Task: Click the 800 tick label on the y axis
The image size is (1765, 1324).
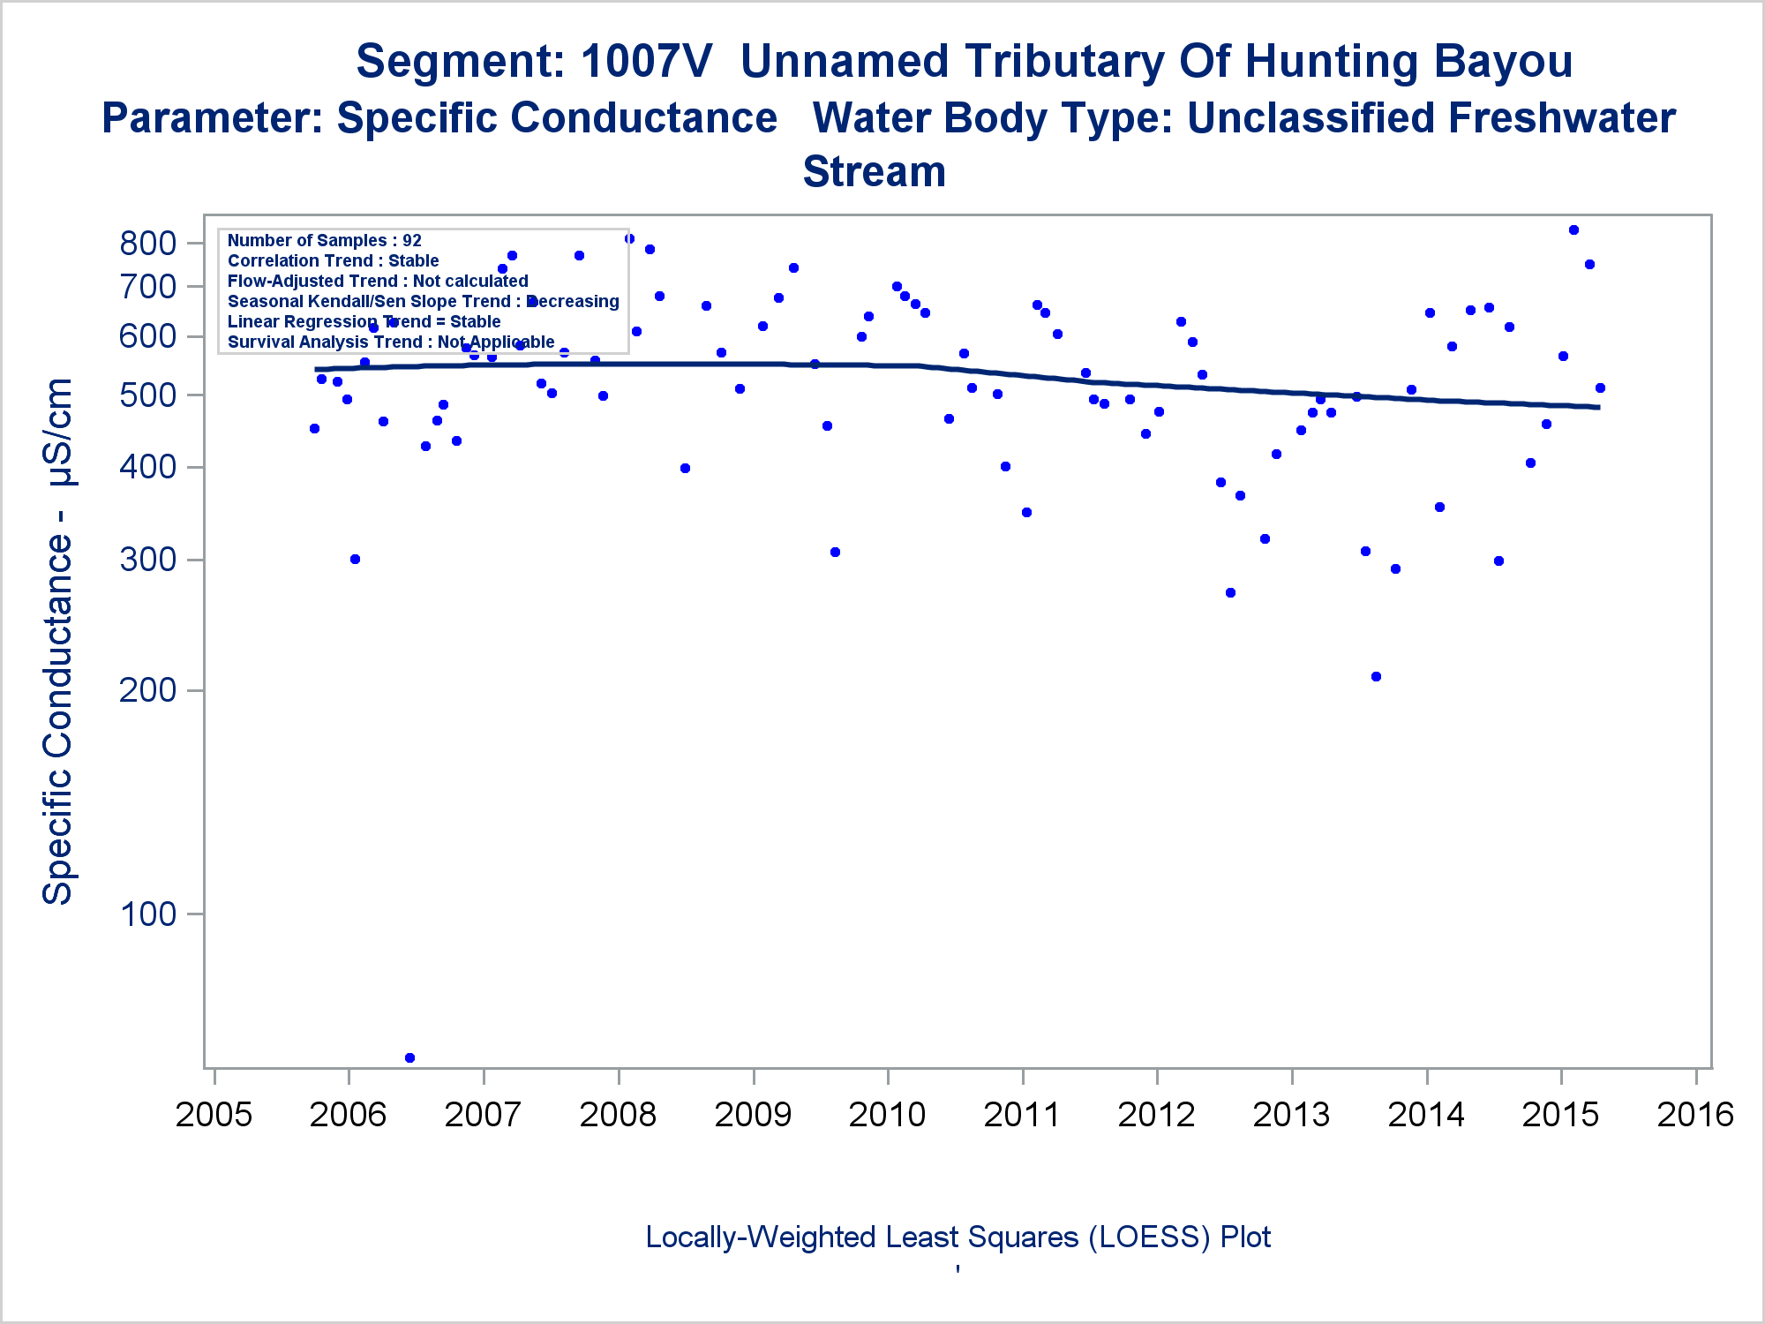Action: pyautogui.click(x=147, y=244)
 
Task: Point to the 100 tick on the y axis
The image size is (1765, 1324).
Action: pyautogui.click(x=147, y=914)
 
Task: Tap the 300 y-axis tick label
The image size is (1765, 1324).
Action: pyautogui.click(x=147, y=560)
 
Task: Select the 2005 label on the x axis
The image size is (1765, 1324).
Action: pyautogui.click(x=214, y=1115)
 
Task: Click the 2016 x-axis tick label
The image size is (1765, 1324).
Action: pyautogui.click(x=1695, y=1115)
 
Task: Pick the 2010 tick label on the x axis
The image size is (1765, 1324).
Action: pyautogui.click(x=887, y=1115)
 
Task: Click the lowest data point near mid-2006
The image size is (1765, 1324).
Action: pyautogui.click(x=409, y=1057)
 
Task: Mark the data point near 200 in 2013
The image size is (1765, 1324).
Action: pyautogui.click(x=1376, y=677)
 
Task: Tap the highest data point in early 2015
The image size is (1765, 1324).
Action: pyautogui.click(x=1573, y=230)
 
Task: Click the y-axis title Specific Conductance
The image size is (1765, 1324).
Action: pyautogui.click(x=58, y=642)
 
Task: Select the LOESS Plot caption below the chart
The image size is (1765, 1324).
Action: pyautogui.click(x=958, y=1237)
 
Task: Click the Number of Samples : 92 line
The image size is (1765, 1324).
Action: pyautogui.click(x=325, y=241)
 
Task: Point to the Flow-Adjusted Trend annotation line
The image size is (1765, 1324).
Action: pyautogui.click(x=378, y=282)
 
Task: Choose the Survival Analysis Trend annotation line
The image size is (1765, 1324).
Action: pyautogui.click(x=391, y=342)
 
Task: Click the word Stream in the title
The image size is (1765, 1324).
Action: pyautogui.click(x=874, y=172)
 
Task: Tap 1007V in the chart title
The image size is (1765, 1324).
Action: pyautogui.click(x=646, y=62)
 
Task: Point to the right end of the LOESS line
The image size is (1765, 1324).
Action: pyautogui.click(x=1598, y=407)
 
